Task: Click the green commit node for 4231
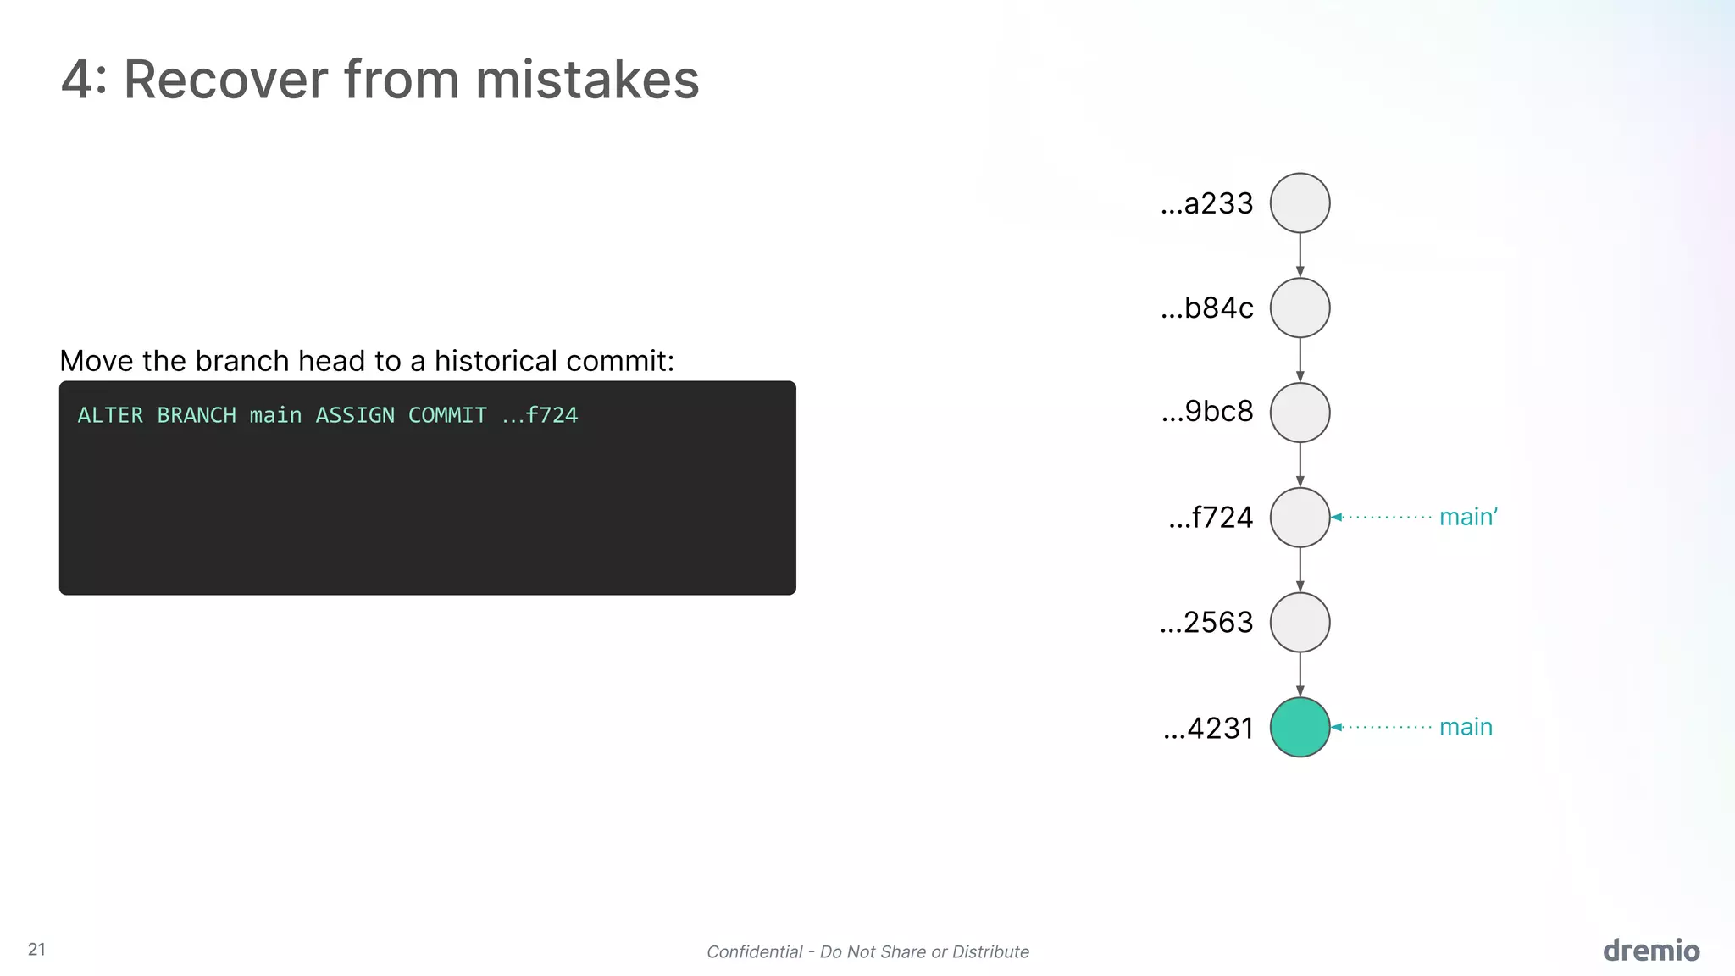point(1300,727)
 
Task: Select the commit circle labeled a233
point(1300,203)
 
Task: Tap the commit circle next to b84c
point(1300,308)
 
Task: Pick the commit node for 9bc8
point(1300,413)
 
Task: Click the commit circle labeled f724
point(1300,517)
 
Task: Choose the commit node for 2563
point(1300,622)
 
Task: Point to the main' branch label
point(1468,517)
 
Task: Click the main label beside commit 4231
point(1466,727)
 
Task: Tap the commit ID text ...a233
point(1206,203)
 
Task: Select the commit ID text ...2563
point(1206,623)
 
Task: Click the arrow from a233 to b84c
point(1300,255)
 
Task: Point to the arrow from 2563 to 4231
point(1300,674)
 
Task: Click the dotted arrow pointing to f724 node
point(1381,517)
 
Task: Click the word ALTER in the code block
point(110,415)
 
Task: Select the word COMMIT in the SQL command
point(447,415)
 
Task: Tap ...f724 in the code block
point(540,415)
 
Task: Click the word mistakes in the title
point(587,80)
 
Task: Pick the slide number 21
point(36,949)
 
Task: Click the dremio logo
point(1651,951)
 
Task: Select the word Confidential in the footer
point(754,951)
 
